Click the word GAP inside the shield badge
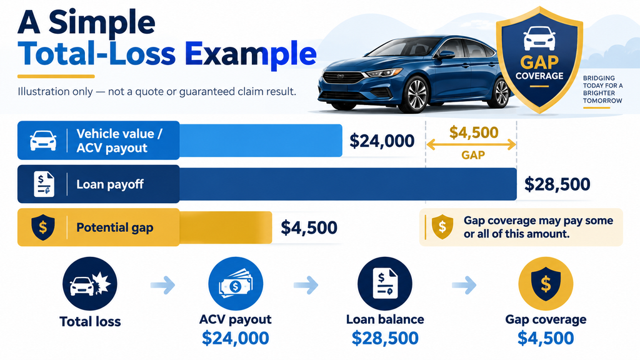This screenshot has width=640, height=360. coord(539,62)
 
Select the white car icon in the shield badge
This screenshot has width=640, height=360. coord(539,38)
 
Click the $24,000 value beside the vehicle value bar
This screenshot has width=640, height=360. coord(382,141)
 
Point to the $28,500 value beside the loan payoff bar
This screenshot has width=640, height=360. coord(557,184)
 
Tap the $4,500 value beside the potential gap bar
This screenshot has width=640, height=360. coord(309,227)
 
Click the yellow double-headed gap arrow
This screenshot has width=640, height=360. coord(471,144)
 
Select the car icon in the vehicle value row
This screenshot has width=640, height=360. coord(43,141)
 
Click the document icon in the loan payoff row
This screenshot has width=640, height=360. coord(44,184)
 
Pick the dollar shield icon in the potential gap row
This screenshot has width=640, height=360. coord(43,227)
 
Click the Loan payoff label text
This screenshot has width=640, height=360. coord(110,184)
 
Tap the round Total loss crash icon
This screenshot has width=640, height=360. coord(90,284)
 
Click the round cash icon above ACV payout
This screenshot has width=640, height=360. coord(236,284)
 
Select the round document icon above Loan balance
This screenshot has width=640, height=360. coord(385,284)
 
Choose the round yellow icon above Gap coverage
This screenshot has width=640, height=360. coord(546,284)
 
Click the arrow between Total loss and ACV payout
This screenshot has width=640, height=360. coord(163,285)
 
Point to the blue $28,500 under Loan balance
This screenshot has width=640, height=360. coord(385,338)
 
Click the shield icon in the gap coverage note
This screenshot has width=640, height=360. coord(442,227)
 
